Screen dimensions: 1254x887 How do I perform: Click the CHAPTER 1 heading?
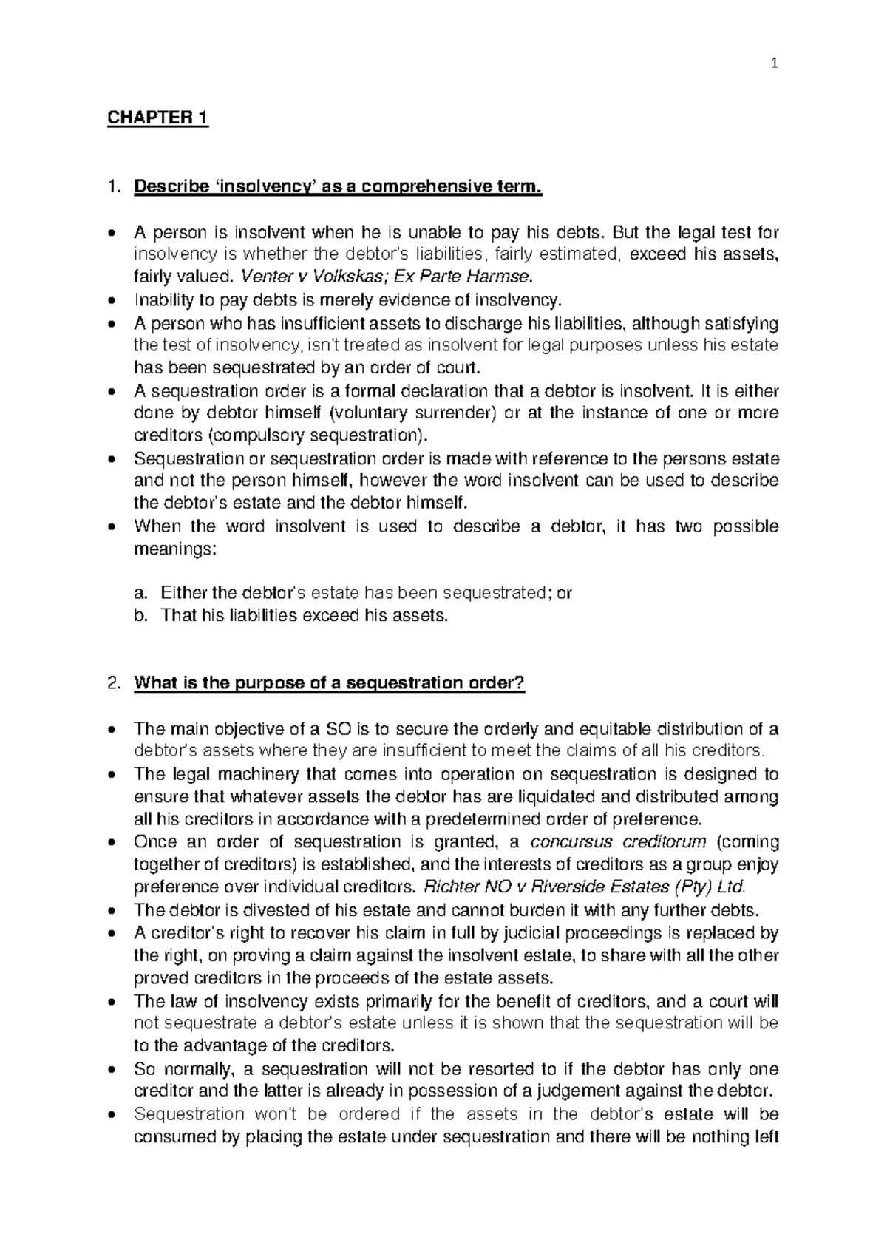pyautogui.click(x=157, y=119)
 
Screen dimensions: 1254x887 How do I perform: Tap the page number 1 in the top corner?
pyautogui.click(x=774, y=64)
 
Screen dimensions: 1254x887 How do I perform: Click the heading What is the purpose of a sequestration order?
pyautogui.click(x=329, y=683)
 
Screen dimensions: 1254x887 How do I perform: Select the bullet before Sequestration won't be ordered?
pyautogui.click(x=112, y=1114)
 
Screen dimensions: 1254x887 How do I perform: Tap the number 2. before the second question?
pyautogui.click(x=113, y=683)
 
